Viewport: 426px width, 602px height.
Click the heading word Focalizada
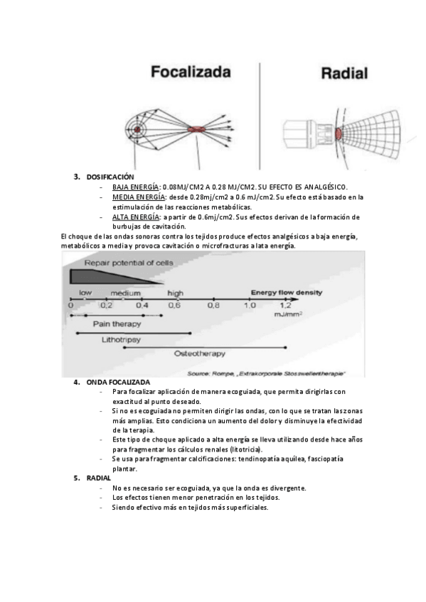[191, 72]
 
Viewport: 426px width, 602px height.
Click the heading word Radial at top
[344, 73]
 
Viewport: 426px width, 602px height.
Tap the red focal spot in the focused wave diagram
[196, 129]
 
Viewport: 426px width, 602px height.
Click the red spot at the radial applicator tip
[339, 133]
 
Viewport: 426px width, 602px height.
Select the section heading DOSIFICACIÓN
[110, 177]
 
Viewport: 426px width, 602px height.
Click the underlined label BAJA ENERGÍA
[135, 187]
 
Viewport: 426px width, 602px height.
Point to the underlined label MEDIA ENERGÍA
[139, 197]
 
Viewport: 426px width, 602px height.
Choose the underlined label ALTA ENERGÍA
[135, 217]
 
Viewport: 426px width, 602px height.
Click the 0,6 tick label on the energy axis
[174, 305]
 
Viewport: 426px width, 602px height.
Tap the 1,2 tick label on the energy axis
[285, 305]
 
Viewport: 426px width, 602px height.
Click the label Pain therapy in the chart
[117, 324]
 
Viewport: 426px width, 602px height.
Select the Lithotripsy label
[121, 340]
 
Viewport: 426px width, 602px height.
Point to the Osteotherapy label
[200, 354]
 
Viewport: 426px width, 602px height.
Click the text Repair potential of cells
[129, 263]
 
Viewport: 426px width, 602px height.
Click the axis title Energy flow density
[287, 292]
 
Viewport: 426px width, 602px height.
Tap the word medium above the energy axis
[125, 293]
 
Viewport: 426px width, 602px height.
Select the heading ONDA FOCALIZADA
[118, 382]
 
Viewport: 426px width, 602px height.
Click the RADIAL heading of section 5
[98, 478]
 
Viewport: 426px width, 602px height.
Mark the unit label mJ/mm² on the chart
[288, 314]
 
